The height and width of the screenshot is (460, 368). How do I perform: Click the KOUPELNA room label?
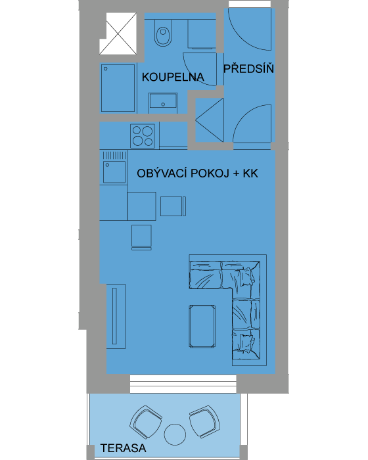tap(173, 77)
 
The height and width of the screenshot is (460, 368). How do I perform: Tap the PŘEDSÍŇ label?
tap(248, 68)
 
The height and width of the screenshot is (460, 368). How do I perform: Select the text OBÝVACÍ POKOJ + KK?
tap(198, 173)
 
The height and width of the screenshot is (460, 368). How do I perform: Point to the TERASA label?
tap(124, 448)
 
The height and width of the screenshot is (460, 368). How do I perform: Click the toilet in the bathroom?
tap(163, 33)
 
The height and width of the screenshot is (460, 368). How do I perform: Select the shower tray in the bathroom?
tap(118, 88)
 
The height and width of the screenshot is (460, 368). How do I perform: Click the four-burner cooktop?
tap(143, 135)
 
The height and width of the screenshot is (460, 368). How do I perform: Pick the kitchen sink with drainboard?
tap(114, 168)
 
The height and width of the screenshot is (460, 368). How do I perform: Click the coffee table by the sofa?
tap(202, 326)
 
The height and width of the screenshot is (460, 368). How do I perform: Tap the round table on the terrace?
tap(175, 434)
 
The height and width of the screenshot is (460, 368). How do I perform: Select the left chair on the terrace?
tap(146, 422)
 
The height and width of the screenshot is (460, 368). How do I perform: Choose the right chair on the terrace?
tap(204, 422)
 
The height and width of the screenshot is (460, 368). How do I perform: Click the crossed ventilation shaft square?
tap(118, 34)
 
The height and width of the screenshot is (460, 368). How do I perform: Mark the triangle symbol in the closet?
tap(210, 120)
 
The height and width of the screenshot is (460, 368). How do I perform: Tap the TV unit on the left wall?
tap(116, 316)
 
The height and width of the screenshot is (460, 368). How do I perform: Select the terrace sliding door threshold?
tap(183, 384)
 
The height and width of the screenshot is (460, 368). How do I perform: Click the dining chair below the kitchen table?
tap(141, 237)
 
